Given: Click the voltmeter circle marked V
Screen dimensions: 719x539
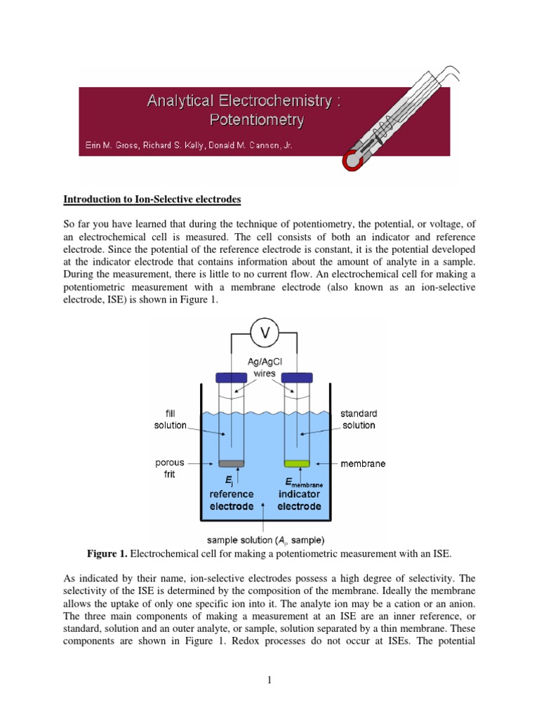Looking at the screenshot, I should [x=265, y=334].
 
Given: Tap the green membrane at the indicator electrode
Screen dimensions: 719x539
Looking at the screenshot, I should [x=297, y=463].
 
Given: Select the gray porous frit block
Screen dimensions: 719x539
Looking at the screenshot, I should [x=231, y=463].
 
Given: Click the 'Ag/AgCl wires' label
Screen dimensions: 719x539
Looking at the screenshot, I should [x=264, y=368].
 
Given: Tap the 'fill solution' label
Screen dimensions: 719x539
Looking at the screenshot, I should [x=171, y=419].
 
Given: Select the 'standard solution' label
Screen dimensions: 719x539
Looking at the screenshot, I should [x=359, y=419].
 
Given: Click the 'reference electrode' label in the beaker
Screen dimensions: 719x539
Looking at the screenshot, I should [x=232, y=499].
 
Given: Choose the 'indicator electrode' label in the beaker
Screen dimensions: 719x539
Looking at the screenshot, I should [x=299, y=499].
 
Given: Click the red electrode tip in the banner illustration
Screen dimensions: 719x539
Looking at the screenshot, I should [x=355, y=160].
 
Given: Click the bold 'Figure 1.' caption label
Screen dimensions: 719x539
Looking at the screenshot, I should [x=107, y=555].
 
